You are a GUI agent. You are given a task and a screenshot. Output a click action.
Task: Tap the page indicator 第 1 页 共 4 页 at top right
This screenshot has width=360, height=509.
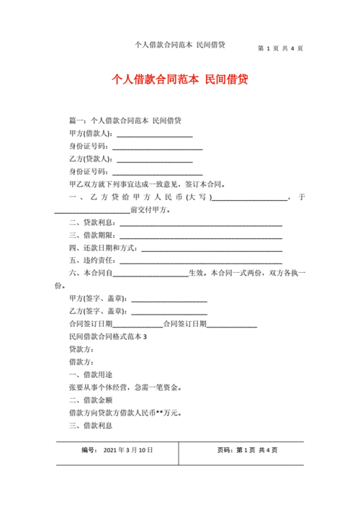pyautogui.click(x=280, y=49)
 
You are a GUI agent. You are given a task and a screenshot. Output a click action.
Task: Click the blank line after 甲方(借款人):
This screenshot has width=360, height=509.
pyautogui.click(x=154, y=135)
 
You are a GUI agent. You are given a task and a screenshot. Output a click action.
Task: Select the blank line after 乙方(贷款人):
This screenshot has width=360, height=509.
pyautogui.click(x=154, y=160)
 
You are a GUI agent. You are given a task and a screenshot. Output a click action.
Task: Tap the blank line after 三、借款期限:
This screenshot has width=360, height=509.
pyautogui.click(x=200, y=235)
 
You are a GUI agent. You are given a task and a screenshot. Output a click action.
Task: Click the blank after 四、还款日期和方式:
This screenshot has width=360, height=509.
pyautogui.click(x=211, y=248)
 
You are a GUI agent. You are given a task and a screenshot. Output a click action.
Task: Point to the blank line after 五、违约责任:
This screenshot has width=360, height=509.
pyautogui.click(x=200, y=261)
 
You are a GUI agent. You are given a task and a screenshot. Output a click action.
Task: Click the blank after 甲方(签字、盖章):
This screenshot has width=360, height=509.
pyautogui.click(x=169, y=299)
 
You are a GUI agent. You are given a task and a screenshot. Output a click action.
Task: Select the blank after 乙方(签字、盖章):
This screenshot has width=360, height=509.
pyautogui.click(x=169, y=312)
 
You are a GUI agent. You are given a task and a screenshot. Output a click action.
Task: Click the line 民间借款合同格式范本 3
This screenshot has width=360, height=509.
pyautogui.click(x=107, y=338)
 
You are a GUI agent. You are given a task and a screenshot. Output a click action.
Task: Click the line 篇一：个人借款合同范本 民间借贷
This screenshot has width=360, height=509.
pyautogui.click(x=125, y=121)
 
